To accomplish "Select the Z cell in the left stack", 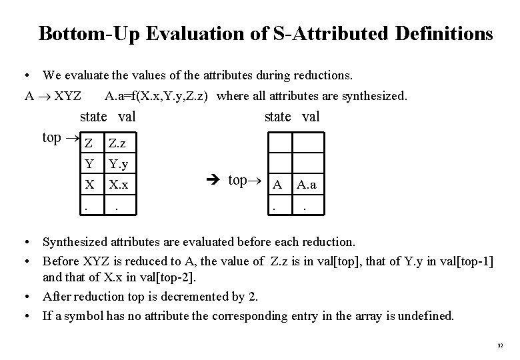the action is coord(88,142).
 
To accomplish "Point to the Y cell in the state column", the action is coord(88,163).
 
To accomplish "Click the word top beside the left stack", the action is coord(51,137).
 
